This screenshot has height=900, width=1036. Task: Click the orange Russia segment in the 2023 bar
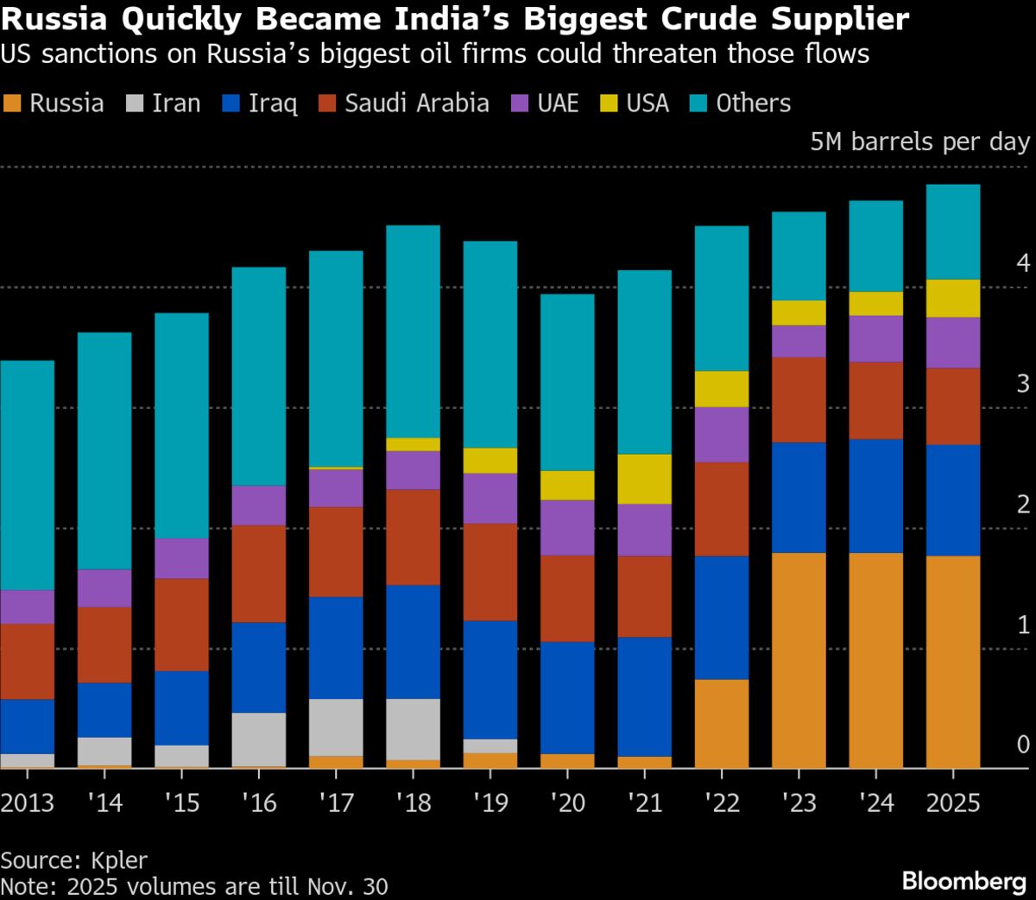(799, 660)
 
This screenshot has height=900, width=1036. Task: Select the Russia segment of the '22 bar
(722, 723)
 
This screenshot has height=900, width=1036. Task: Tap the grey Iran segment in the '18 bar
(413, 729)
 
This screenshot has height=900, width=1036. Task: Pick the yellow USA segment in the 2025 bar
(953, 299)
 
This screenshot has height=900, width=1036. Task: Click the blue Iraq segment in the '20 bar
(567, 697)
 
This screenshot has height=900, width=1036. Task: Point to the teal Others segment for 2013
(27, 475)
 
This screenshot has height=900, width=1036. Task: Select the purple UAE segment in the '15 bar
(181, 558)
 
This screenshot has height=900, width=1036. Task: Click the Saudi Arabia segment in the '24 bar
(876, 400)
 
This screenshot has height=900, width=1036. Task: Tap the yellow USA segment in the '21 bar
(645, 479)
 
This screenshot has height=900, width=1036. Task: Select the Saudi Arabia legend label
(416, 104)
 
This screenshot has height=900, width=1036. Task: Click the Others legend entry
(753, 104)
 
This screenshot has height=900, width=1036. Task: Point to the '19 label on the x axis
(490, 802)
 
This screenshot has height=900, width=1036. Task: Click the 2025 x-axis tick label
(953, 802)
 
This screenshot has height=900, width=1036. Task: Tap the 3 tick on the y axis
(1023, 383)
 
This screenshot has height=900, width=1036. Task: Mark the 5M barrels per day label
(919, 142)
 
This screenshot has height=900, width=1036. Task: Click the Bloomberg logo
(963, 880)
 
